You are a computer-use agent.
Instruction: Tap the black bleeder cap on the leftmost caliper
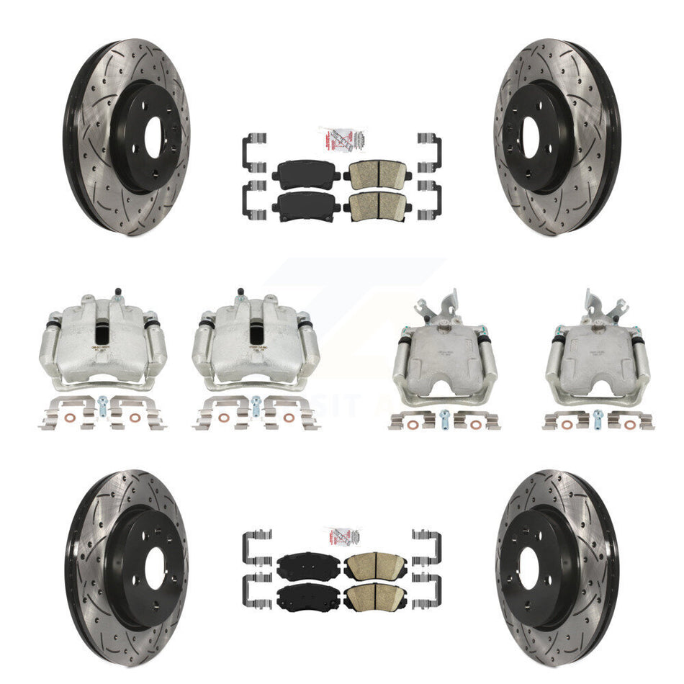click(x=116, y=290)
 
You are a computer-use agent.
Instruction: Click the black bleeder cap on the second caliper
click(x=238, y=290)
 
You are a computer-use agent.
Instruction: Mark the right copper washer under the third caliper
click(x=475, y=425)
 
